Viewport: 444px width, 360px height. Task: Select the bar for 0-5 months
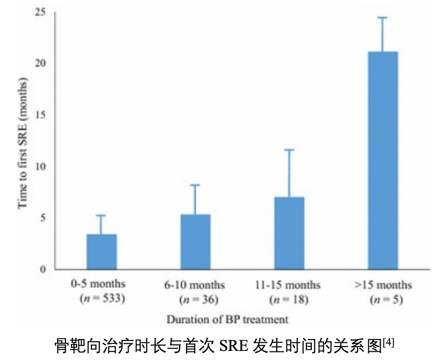pos(102,251)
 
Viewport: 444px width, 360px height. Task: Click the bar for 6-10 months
pos(195,242)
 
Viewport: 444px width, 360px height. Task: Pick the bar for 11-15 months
pos(289,233)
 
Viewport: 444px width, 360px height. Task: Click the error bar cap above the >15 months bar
pos(383,18)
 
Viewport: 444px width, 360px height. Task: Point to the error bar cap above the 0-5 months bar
pos(102,215)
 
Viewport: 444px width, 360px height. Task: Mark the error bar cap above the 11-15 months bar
pos(289,150)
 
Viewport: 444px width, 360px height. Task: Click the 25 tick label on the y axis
pos(40,11)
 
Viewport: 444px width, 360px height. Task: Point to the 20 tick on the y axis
pos(40,63)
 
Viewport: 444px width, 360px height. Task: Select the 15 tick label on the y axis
pos(40,114)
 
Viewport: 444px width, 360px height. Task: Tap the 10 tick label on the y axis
pos(40,166)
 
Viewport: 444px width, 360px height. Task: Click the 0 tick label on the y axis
pos(43,269)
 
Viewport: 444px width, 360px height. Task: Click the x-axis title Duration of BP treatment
pos(227,319)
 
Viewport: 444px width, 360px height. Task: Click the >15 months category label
pos(383,284)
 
